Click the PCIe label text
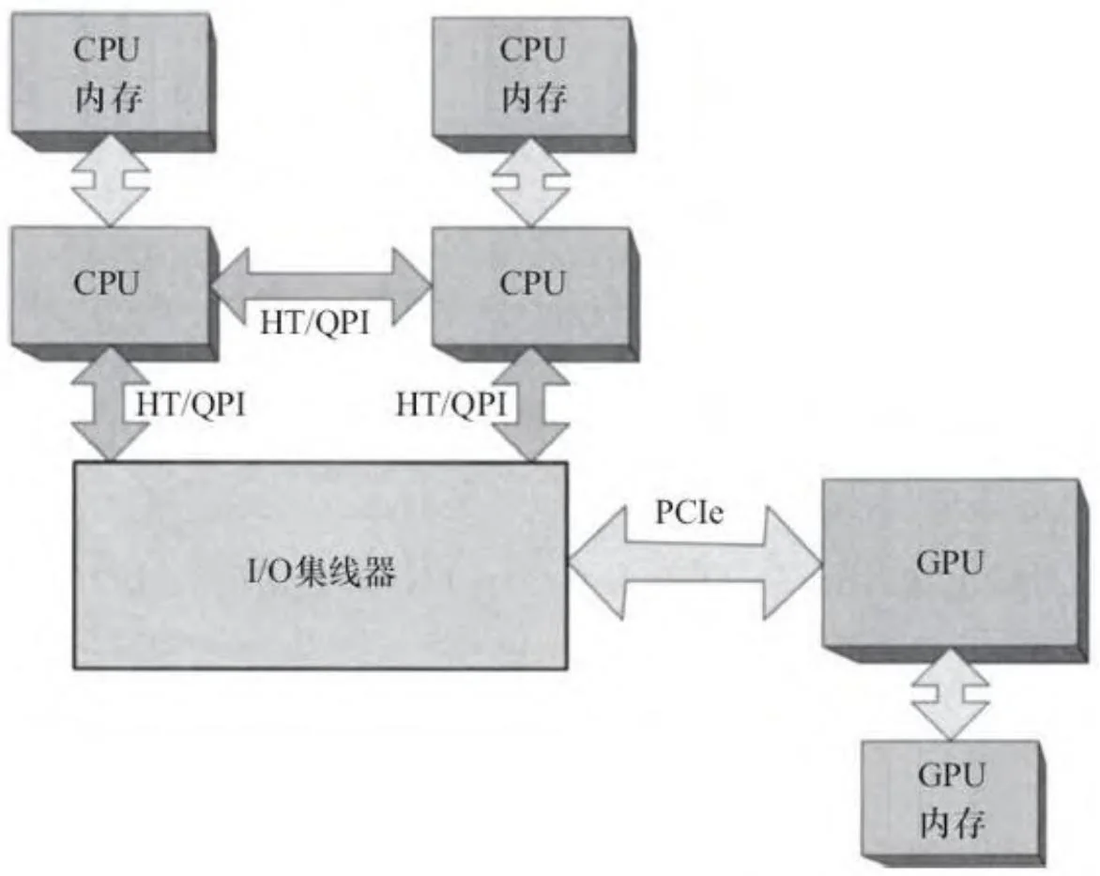point(689,514)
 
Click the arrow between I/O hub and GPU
point(695,563)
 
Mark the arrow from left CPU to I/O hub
point(112,405)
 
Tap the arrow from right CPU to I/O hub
point(531,405)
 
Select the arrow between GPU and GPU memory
point(950,699)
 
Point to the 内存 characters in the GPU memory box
point(950,825)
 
